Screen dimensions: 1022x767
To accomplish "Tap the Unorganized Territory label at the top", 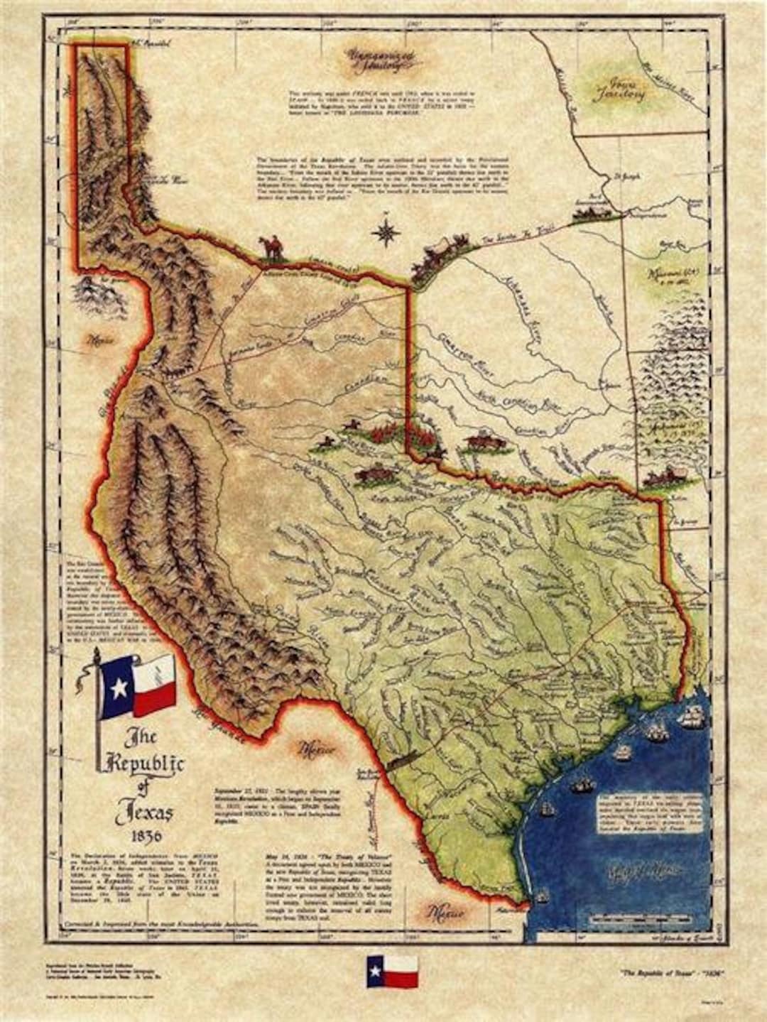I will (376, 61).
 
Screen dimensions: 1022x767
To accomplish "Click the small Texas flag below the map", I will (391, 971).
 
